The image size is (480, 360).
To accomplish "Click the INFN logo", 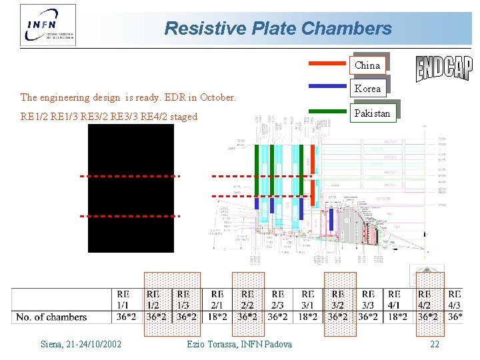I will coord(48,25).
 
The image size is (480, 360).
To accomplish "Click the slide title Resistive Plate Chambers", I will coord(277,29).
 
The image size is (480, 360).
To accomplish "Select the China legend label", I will coord(367,65).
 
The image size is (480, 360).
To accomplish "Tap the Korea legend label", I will coord(367,88).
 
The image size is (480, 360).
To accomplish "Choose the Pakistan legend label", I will coord(372,113).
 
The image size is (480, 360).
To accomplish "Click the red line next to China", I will coord(327,63).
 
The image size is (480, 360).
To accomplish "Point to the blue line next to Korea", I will coord(327,86).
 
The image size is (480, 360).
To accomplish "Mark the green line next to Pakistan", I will coord(327,109).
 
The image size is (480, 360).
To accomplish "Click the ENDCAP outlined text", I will coord(444,67).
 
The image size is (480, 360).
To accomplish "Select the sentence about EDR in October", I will coord(128,97).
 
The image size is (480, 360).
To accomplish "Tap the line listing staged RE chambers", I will coord(109,117).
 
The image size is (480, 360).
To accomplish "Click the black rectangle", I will coord(131,188).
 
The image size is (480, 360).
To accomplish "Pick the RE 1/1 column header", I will coord(123,299).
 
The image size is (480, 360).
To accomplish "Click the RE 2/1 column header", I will coord(217,299).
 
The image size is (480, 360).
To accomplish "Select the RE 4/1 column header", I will coord(394,299).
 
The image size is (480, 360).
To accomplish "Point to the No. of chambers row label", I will coord(51,317).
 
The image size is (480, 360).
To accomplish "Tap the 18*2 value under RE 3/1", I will coord(308,317).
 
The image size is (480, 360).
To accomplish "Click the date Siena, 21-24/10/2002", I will coord(81,344).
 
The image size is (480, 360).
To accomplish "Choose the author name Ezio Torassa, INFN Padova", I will coord(239,344).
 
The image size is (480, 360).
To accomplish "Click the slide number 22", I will coord(435,344).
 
